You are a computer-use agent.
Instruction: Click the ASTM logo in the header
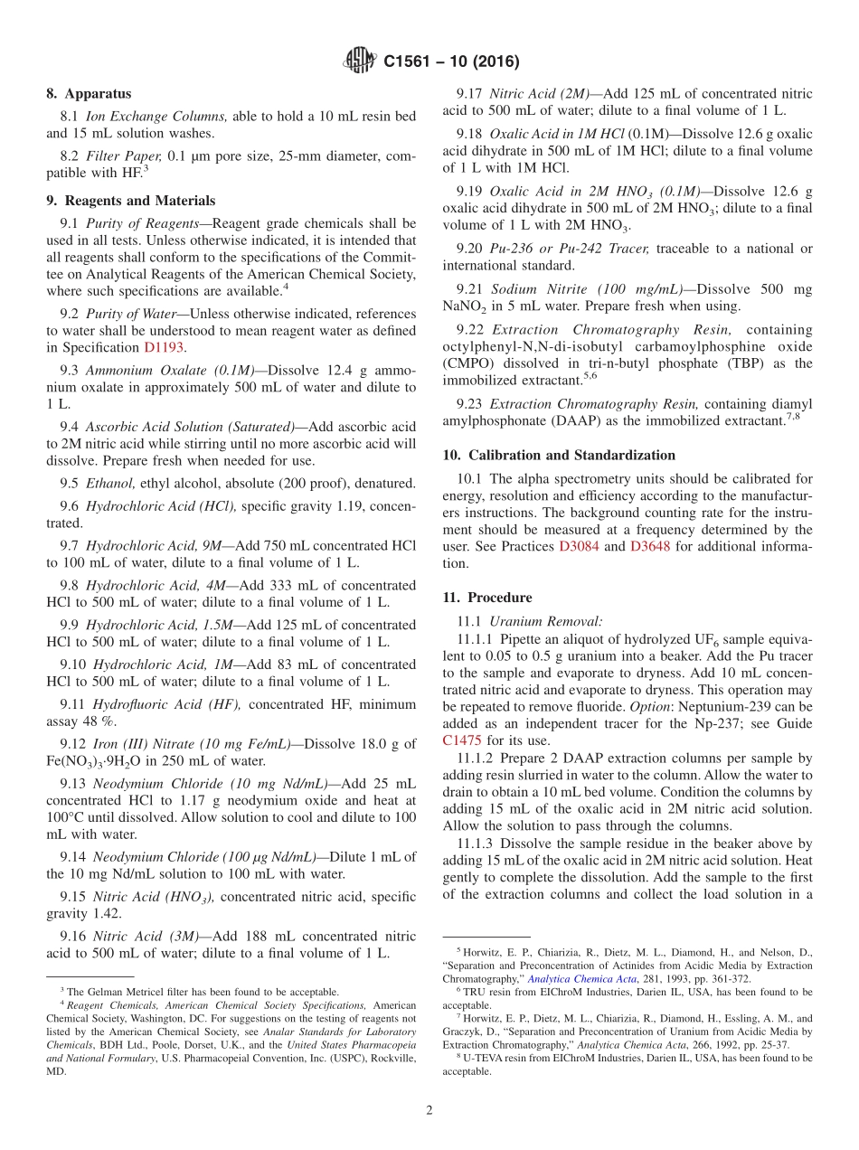pos(360,61)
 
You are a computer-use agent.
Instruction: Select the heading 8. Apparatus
pos(89,94)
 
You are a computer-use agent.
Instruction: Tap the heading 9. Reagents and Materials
pos(130,202)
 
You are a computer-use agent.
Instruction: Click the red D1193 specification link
pos(162,348)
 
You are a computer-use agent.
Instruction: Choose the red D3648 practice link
pos(650,547)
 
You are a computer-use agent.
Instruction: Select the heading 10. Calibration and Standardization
pos(559,456)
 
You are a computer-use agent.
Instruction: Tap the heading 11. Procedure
pos(487,599)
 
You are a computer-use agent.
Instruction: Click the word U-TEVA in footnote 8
pos(478,1057)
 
